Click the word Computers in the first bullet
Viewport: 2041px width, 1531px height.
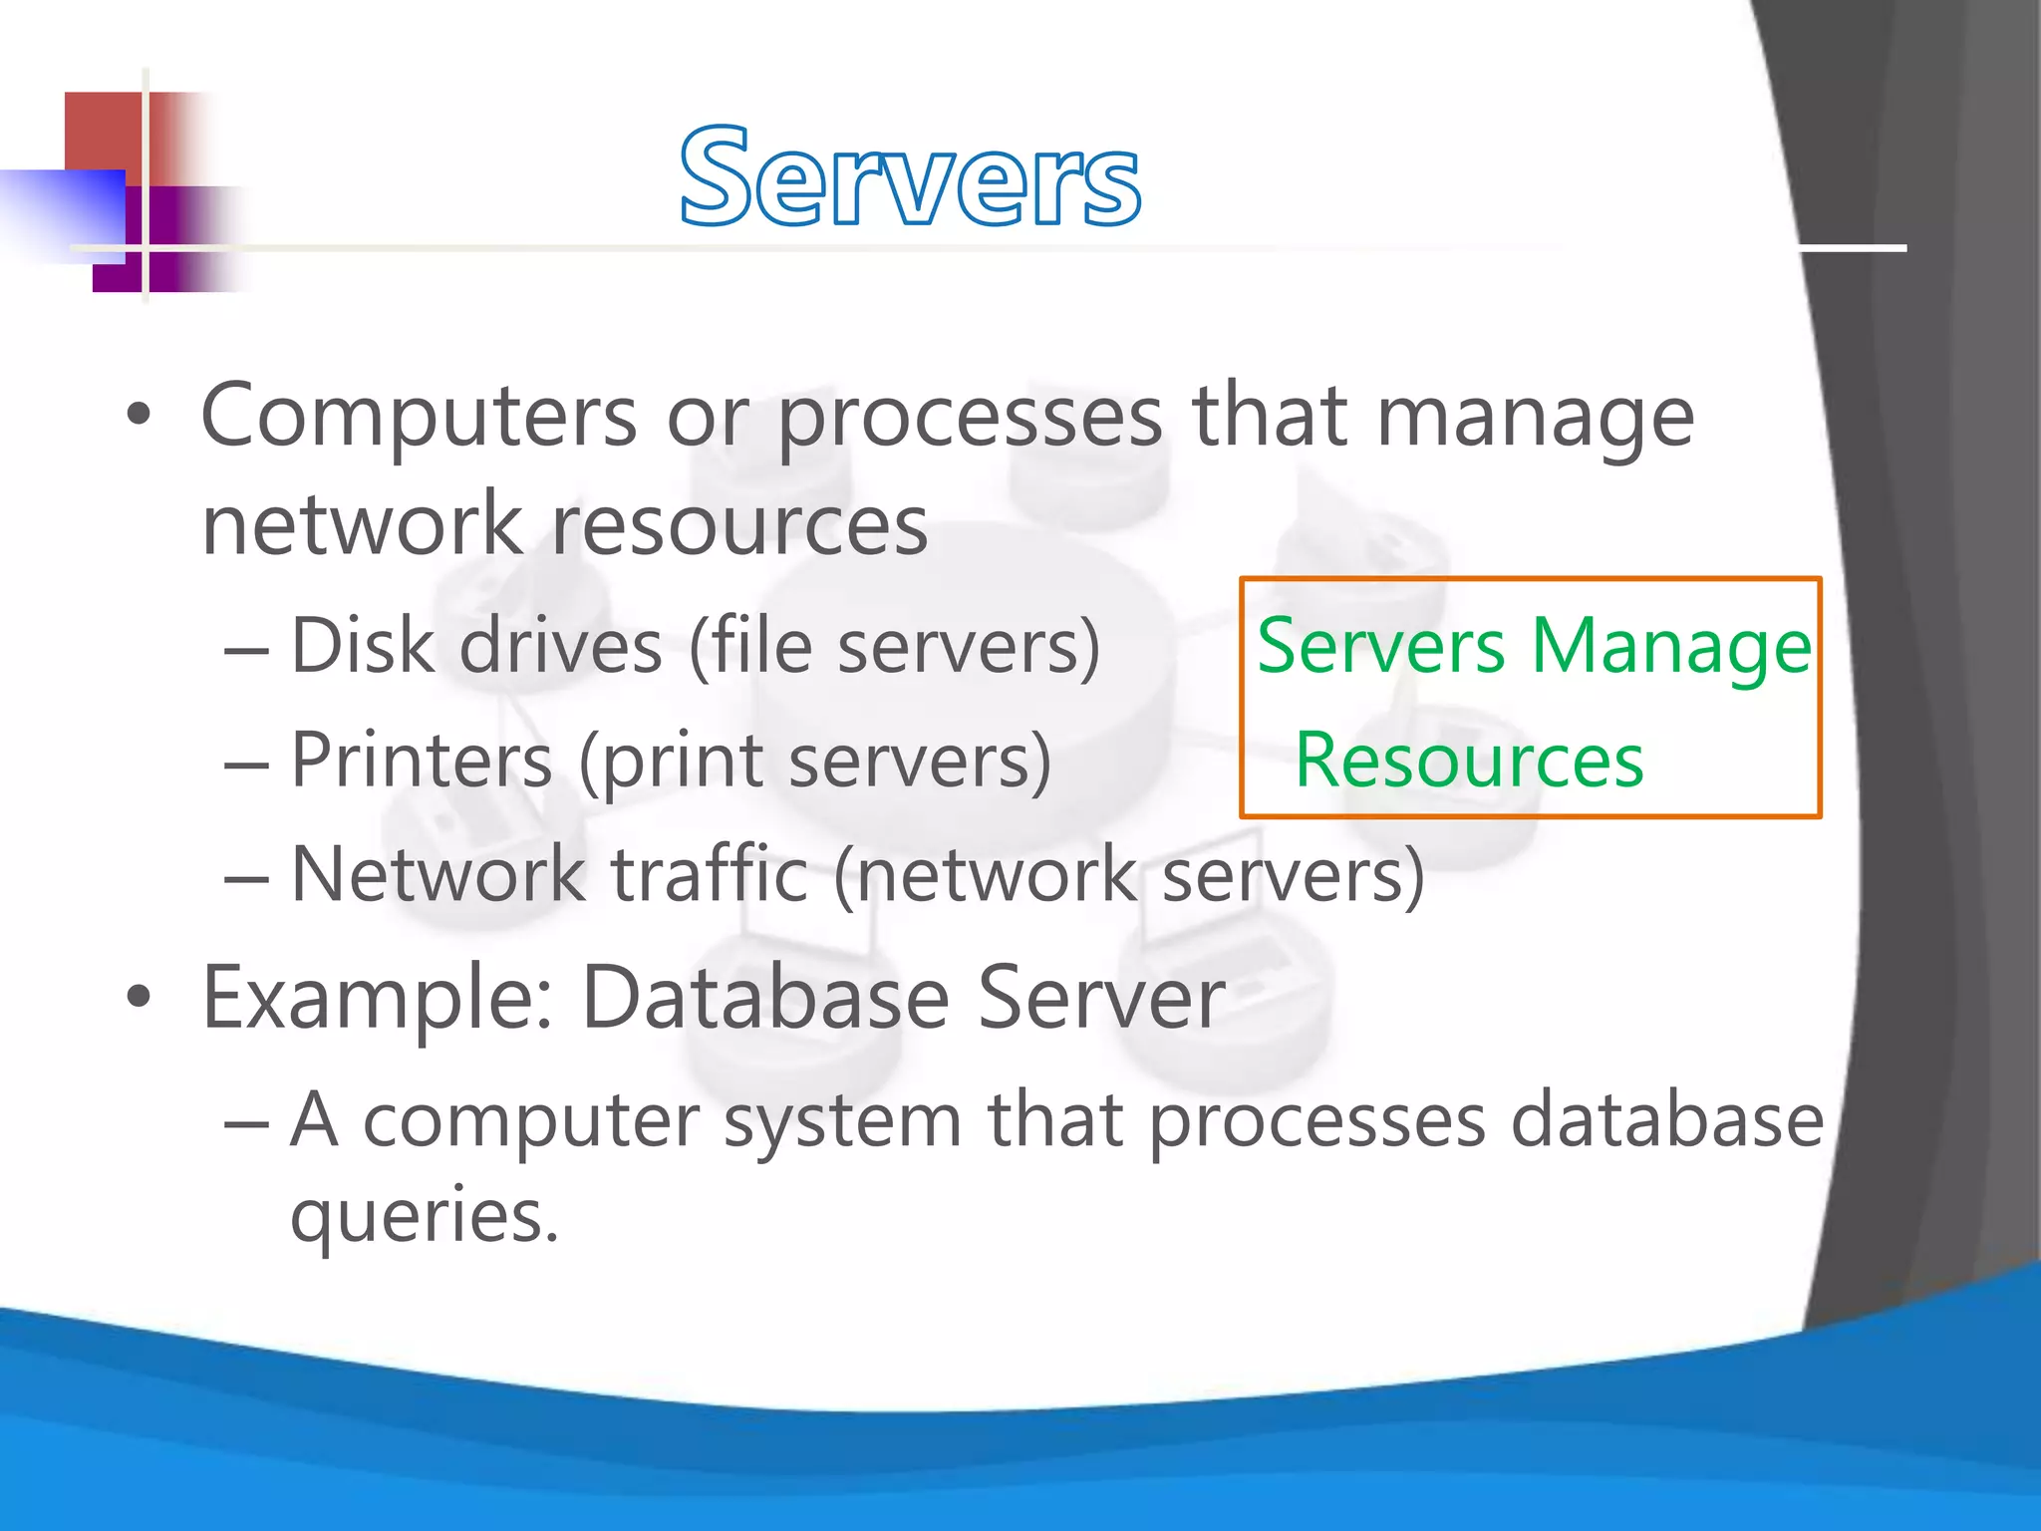point(419,417)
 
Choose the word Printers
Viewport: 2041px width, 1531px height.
point(421,761)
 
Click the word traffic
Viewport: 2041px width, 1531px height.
point(709,874)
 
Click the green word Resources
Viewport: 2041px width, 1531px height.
point(1469,761)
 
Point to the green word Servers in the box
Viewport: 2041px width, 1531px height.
point(1380,646)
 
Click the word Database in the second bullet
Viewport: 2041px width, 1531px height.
point(764,997)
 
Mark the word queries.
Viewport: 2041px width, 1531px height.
point(424,1217)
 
